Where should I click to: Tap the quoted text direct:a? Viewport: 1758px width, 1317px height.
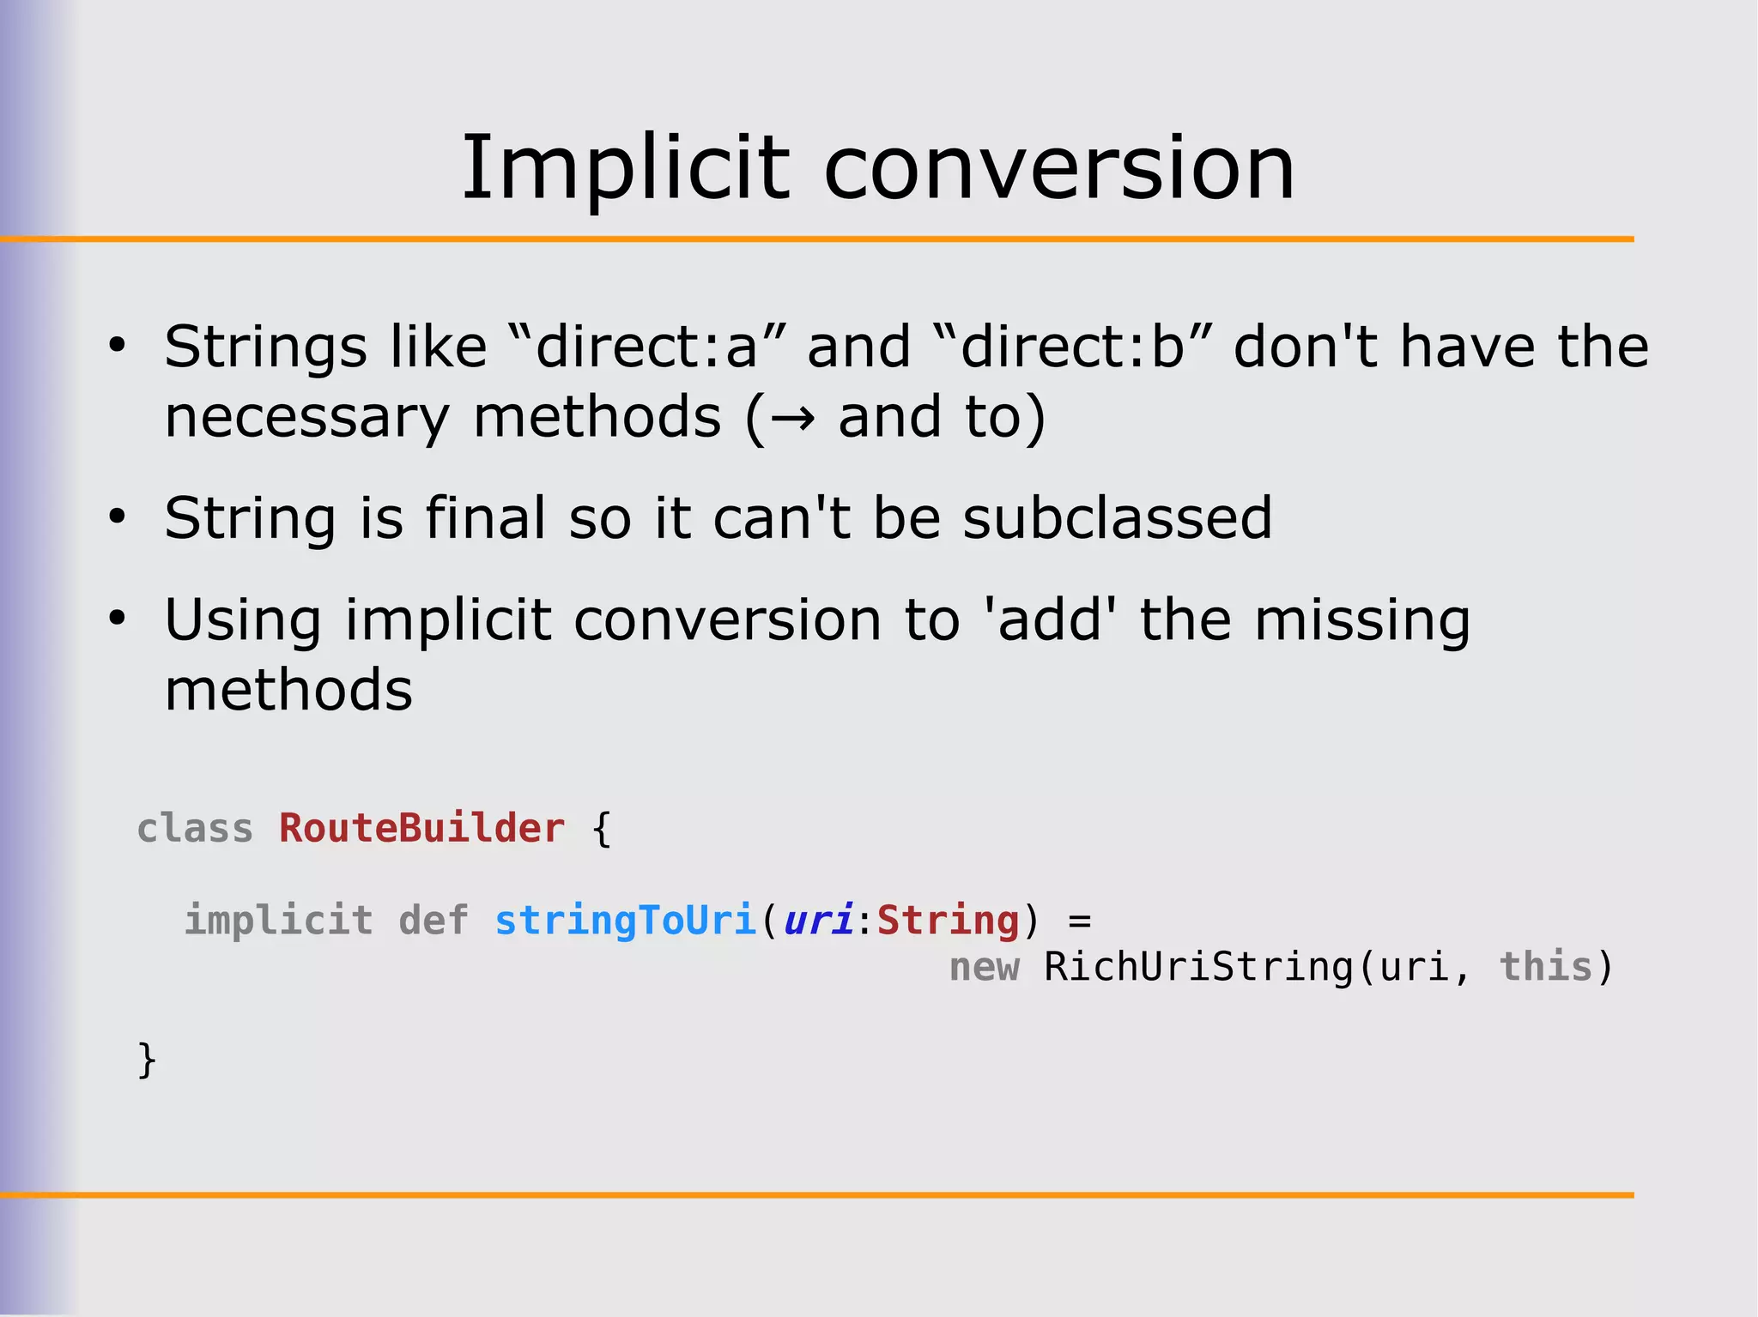[646, 347]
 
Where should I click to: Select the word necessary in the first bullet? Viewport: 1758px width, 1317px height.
[306, 418]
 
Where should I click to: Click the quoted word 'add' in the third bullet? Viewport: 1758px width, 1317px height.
[1050, 619]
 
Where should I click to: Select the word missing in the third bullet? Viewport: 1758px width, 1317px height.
[1362, 621]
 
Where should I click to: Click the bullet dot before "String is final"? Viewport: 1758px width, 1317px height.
[117, 517]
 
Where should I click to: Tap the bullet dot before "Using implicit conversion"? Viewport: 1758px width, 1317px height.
[117, 619]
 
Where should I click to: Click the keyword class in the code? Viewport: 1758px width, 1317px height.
[195, 829]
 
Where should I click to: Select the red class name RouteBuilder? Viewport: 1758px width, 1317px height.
[421, 829]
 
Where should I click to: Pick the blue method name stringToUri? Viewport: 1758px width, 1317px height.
[625, 921]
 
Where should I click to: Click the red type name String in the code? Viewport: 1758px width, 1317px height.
[948, 921]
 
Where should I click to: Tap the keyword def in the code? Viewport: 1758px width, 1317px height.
[433, 921]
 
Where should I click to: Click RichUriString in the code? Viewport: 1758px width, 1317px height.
[1197, 967]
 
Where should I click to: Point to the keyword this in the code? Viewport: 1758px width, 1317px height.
[1546, 967]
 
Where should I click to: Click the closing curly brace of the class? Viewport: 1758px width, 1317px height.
[147, 1060]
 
